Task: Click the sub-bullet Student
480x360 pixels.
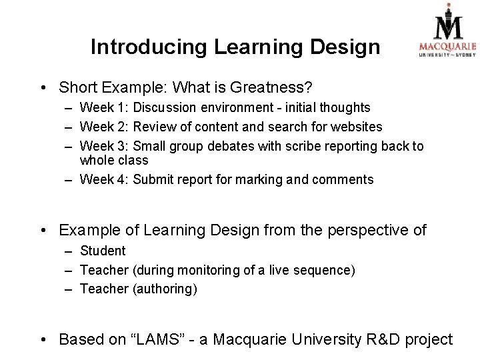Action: (x=103, y=251)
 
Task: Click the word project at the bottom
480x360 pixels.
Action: (x=428, y=339)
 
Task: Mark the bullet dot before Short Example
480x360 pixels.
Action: (x=43, y=88)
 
